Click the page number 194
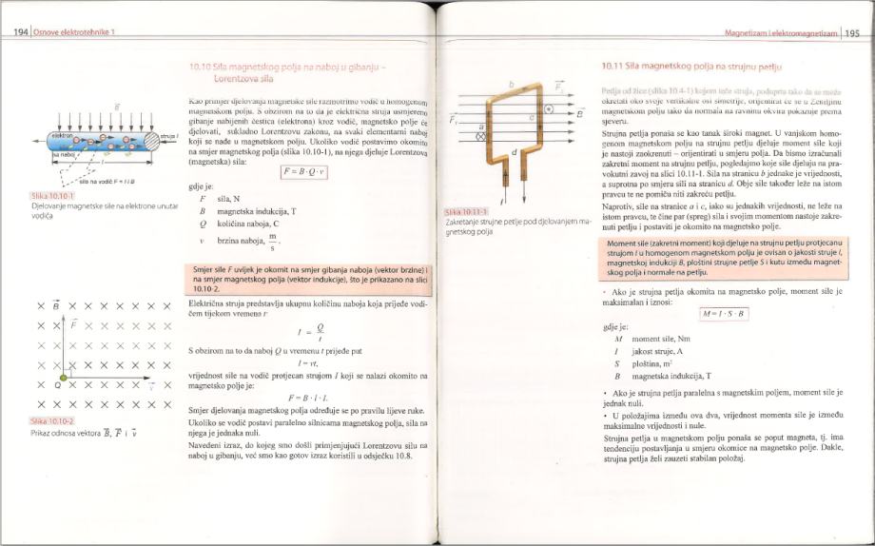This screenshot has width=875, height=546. (x=19, y=32)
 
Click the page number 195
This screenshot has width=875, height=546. (x=851, y=33)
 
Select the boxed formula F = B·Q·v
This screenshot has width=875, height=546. (x=304, y=171)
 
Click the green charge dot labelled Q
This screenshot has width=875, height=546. (x=59, y=386)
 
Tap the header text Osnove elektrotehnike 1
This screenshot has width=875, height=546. (x=74, y=33)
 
